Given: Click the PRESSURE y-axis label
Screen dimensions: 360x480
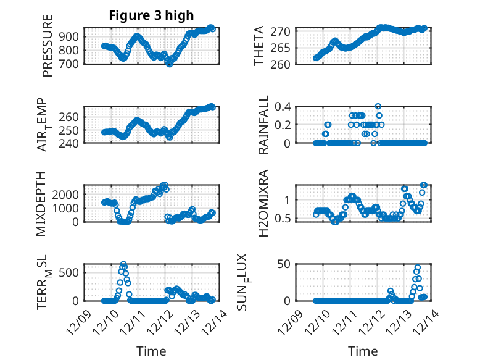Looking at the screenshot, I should [48, 46].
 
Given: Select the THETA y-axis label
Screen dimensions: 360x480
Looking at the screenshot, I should [260, 46].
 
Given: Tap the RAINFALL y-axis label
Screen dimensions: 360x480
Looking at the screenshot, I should [263, 125].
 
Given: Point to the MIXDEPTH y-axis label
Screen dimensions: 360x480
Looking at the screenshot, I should [41, 203].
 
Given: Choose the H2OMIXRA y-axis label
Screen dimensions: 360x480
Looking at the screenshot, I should [263, 203].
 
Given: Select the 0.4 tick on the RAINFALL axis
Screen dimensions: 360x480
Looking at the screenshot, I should [283, 106].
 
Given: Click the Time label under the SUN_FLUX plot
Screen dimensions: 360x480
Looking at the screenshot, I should [363, 351].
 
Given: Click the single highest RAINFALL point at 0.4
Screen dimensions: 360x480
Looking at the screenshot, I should [378, 106].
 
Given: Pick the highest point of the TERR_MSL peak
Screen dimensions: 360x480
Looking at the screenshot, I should [123, 264].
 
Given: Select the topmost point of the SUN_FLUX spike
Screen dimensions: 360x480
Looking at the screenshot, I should [418, 267].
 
